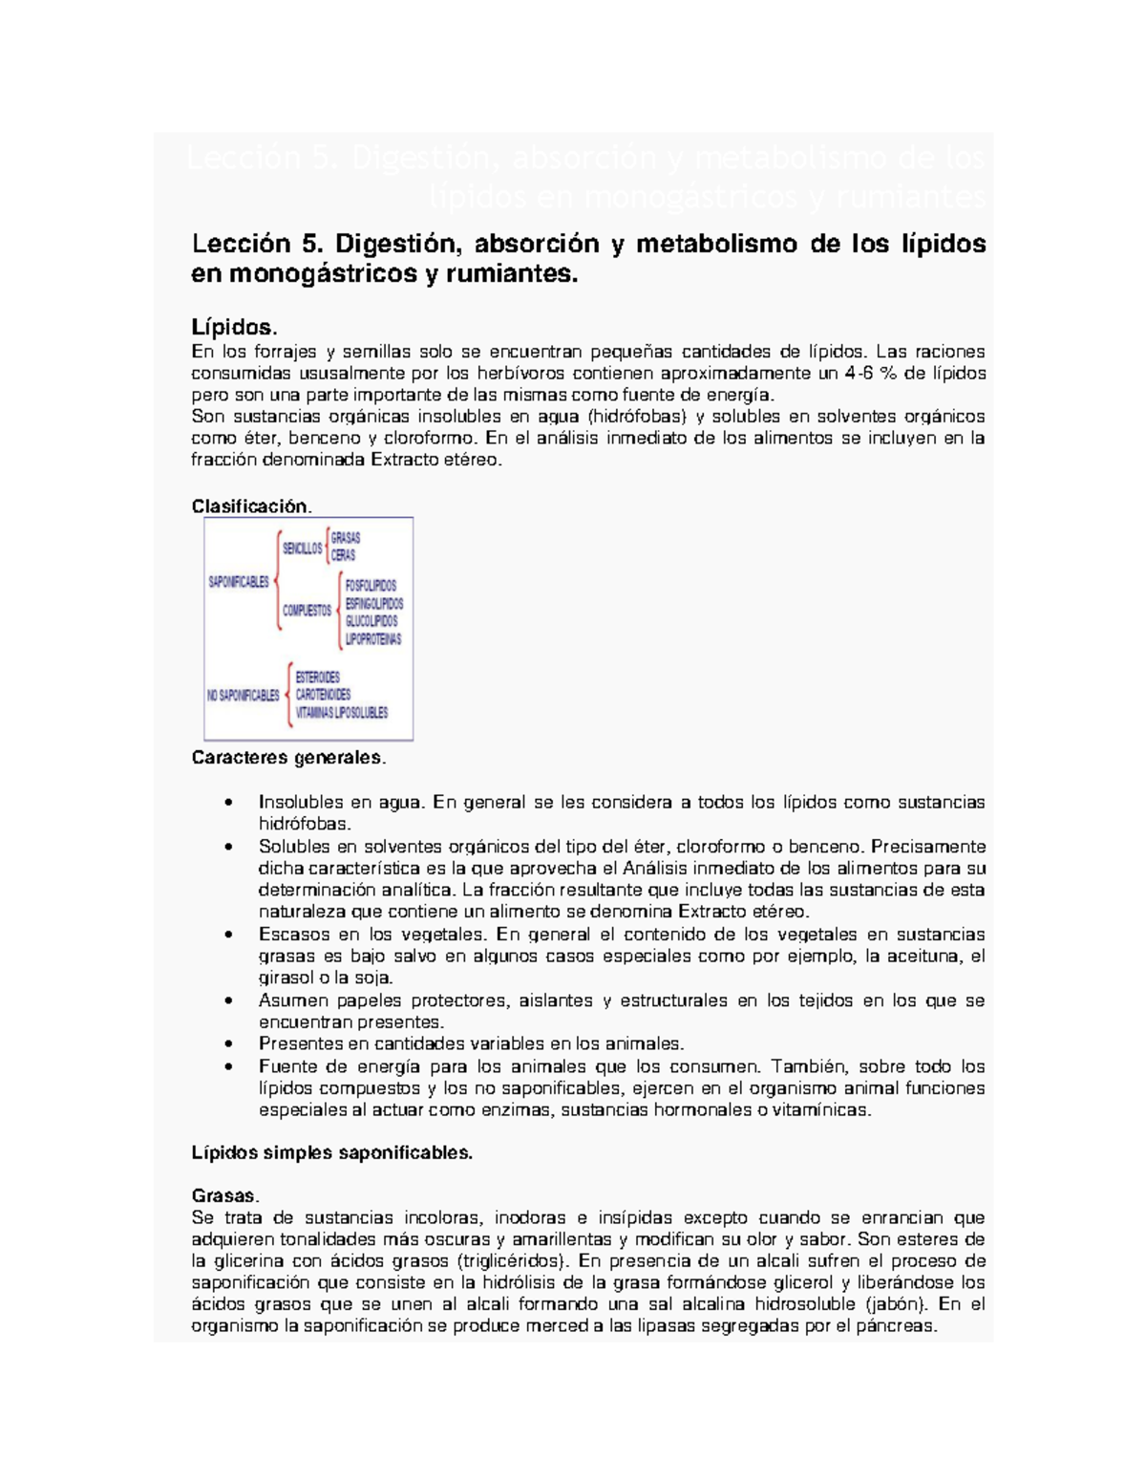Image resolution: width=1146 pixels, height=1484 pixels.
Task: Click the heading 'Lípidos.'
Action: [x=234, y=328]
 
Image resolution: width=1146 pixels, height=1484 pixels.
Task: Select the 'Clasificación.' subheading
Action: [x=251, y=506]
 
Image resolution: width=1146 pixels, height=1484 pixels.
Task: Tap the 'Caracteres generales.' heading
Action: [x=288, y=759]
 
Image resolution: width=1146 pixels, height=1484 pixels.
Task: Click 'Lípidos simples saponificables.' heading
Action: [x=331, y=1153]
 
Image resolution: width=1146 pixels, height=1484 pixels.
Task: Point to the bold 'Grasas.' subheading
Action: [x=224, y=1196]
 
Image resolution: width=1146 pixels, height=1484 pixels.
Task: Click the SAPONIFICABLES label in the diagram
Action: [x=239, y=582]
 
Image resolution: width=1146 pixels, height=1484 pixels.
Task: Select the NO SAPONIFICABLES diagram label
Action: [x=243, y=696]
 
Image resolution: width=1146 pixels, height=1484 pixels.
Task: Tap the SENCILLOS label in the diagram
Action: [x=302, y=548]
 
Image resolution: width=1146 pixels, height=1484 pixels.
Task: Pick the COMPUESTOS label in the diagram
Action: [x=307, y=611]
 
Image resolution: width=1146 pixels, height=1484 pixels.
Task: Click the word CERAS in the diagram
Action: [x=343, y=555]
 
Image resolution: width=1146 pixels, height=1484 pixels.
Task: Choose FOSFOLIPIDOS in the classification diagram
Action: [x=371, y=586]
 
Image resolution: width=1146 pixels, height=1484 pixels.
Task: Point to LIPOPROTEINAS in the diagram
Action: [x=373, y=639]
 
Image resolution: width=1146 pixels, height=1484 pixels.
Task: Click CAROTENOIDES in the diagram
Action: [x=323, y=695]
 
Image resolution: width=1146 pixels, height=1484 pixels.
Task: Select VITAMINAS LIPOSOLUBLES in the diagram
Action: [x=341, y=713]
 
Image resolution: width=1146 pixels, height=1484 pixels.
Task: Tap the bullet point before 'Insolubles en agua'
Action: [x=227, y=803]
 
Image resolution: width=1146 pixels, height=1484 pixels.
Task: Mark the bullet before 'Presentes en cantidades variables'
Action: [x=227, y=1044]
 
